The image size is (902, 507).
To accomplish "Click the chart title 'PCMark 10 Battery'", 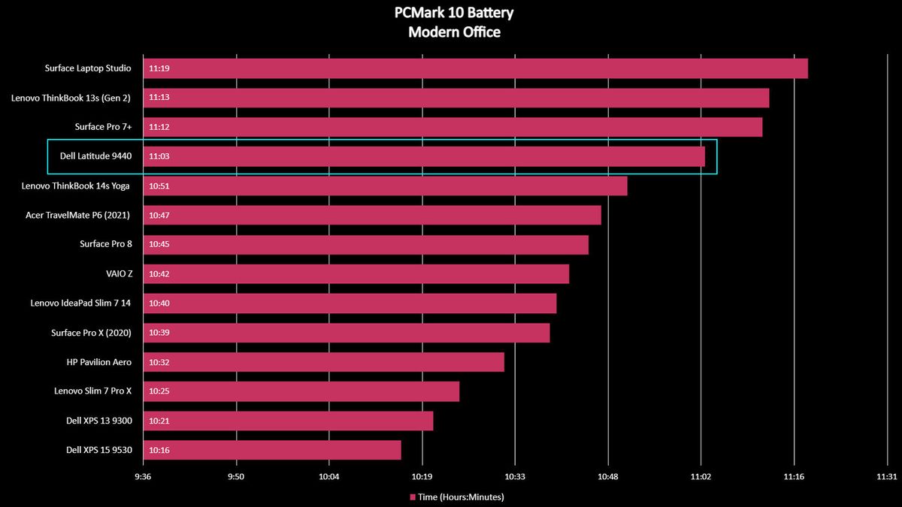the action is tap(454, 13).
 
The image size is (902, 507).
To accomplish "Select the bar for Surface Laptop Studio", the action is tap(476, 68).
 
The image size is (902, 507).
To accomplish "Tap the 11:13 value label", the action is tap(159, 98).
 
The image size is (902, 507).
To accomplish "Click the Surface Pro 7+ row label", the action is tap(103, 127).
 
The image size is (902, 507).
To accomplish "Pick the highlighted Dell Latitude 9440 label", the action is tap(96, 156).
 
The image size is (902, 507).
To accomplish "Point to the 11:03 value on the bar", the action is tap(159, 156).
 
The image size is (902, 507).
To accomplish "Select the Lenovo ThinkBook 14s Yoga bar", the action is tap(386, 186).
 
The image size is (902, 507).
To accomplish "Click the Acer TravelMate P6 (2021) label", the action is tap(77, 216).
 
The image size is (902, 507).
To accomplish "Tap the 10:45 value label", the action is tap(159, 244).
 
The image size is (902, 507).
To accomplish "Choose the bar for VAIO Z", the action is tap(356, 274).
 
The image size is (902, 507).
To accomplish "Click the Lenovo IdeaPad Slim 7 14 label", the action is tap(80, 303).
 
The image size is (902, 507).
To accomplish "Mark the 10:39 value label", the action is tap(159, 333).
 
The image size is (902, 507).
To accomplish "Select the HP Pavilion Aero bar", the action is tap(324, 362).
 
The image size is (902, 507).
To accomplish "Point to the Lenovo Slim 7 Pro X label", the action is tap(92, 391).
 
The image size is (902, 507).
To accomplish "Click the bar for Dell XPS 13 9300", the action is tap(289, 421).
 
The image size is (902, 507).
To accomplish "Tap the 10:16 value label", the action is tap(159, 450).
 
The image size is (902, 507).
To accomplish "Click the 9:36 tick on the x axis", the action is tap(143, 477).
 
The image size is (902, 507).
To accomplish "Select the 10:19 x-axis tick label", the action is tap(422, 477).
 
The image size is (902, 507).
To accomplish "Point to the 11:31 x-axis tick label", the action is tap(887, 477).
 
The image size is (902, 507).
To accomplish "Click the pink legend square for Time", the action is tap(413, 497).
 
